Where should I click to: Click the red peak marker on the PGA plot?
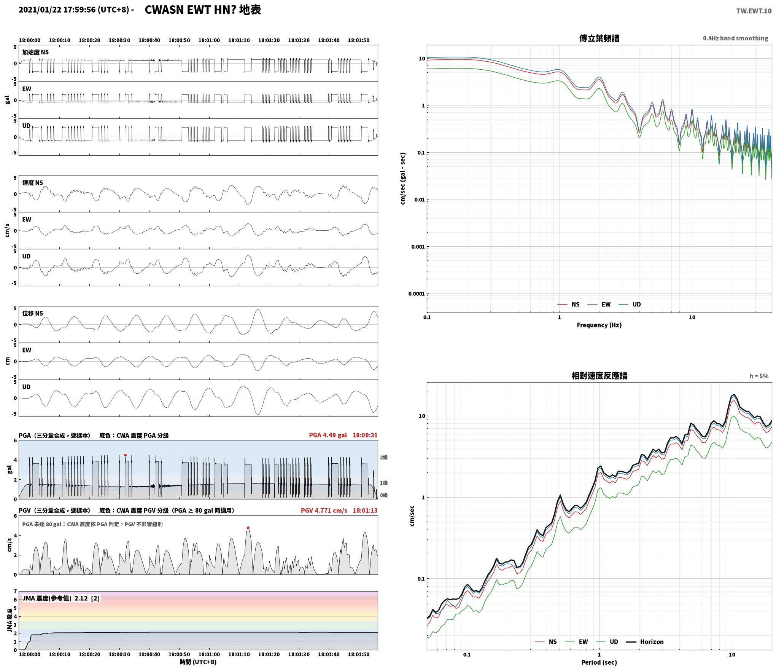(x=125, y=455)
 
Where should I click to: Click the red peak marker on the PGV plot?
(x=248, y=528)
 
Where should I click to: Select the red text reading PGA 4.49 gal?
(x=328, y=435)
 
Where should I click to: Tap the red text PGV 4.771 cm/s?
(x=324, y=510)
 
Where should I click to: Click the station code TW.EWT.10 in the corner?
(x=754, y=11)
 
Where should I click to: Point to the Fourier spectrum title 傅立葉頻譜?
(x=599, y=38)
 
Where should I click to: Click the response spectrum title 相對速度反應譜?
(x=599, y=376)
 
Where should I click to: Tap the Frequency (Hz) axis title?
(x=599, y=325)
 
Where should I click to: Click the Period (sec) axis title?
(x=599, y=662)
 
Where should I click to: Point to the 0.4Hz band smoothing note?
(x=735, y=38)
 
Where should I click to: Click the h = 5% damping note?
(x=759, y=376)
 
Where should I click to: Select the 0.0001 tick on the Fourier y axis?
(x=416, y=294)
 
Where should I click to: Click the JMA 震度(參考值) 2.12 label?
(x=61, y=598)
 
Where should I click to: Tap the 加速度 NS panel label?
(x=35, y=52)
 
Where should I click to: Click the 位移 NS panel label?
(x=33, y=313)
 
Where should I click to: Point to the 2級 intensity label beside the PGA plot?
(x=383, y=457)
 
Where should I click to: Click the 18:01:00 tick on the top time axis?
(x=209, y=40)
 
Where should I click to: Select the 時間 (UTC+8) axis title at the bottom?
(x=198, y=662)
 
